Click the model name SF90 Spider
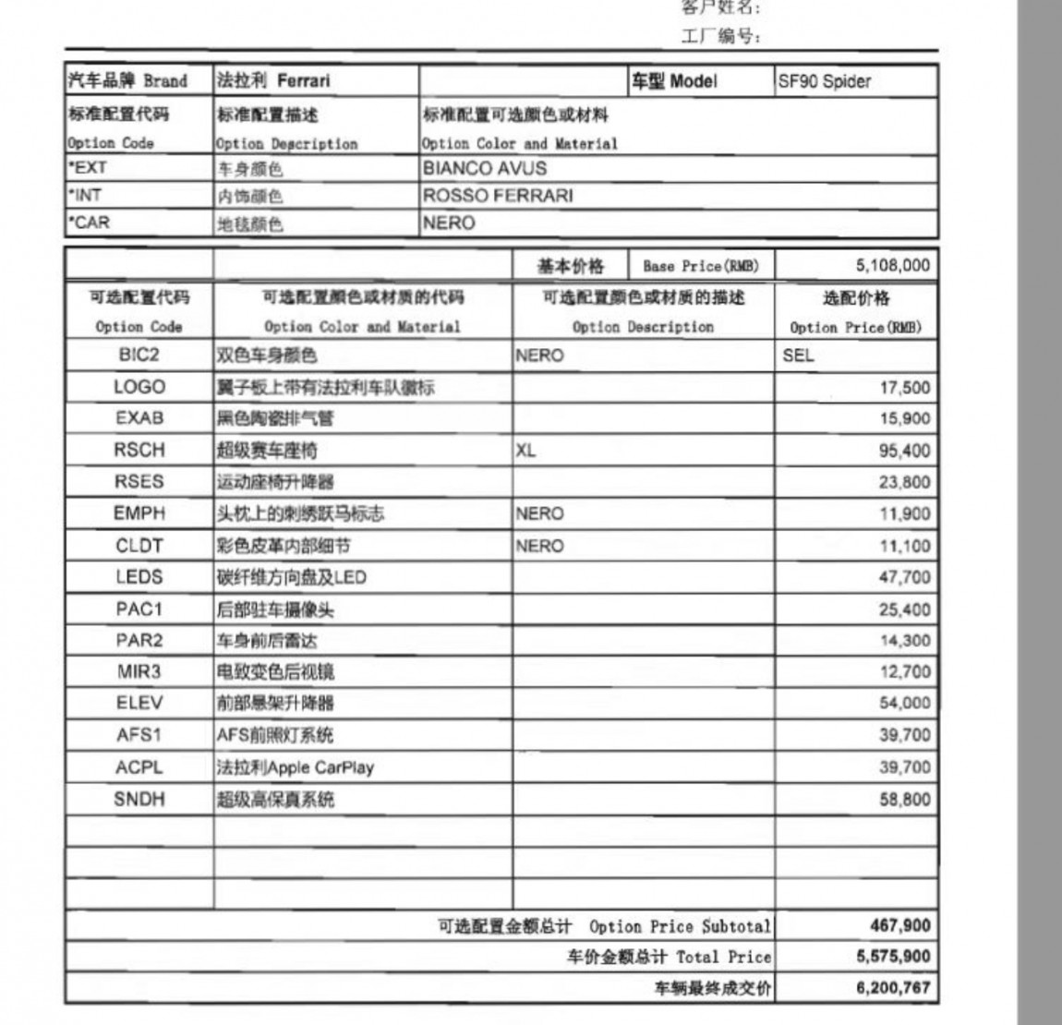coord(824,81)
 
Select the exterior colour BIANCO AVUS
coord(484,169)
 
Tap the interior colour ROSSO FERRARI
coord(497,196)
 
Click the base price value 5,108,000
coord(892,266)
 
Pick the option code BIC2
coord(139,356)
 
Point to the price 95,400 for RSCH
coord(904,451)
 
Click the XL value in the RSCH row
coord(525,451)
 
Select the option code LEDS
coord(139,577)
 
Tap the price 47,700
coord(904,578)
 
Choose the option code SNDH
coord(139,799)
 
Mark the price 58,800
coord(904,800)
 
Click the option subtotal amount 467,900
coord(899,925)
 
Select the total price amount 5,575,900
coord(893,957)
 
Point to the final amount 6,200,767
coord(893,988)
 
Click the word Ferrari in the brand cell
coord(303,81)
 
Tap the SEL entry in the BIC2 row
coord(798,356)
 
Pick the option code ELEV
coord(139,704)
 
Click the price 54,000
coord(904,704)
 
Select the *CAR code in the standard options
coord(89,223)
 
